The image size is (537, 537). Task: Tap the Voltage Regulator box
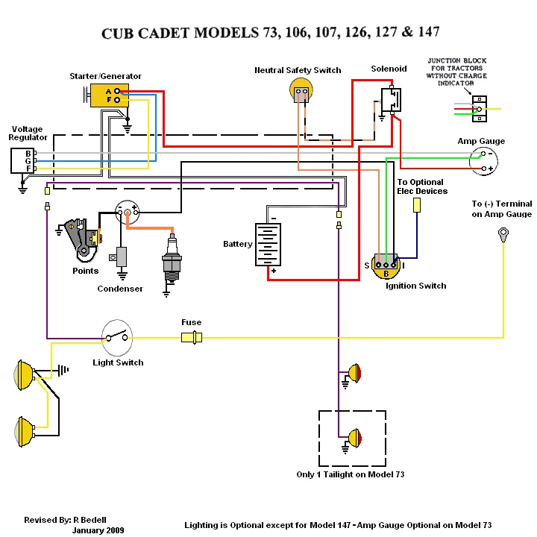[x=22, y=160]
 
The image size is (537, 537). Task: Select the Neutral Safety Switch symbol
[x=300, y=92]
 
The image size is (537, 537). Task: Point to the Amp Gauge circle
[x=483, y=160]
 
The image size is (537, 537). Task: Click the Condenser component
[x=120, y=258]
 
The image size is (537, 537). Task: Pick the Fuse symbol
[x=192, y=337]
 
